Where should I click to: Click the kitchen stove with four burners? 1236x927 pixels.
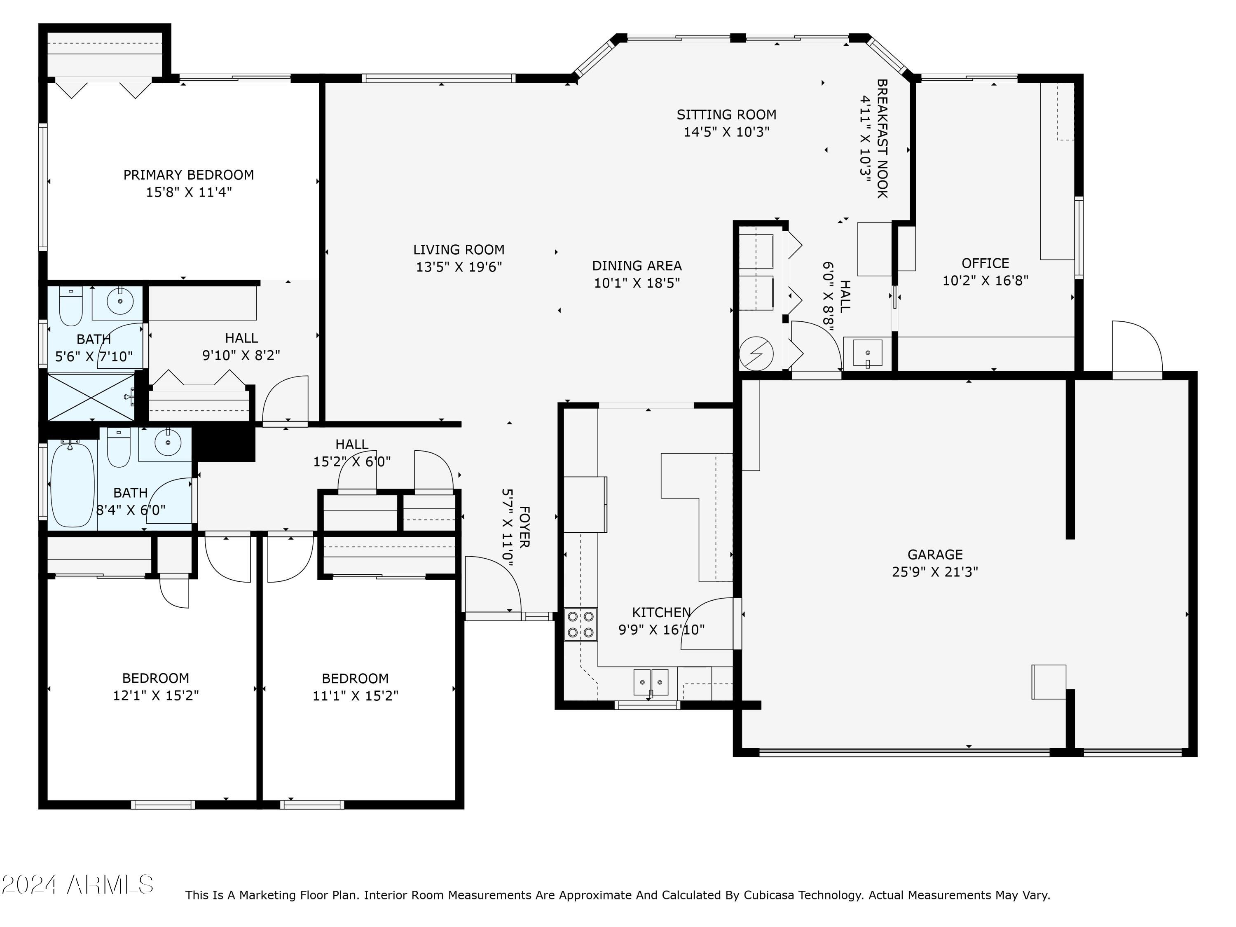coord(581,624)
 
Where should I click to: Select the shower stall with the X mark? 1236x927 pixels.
coord(91,397)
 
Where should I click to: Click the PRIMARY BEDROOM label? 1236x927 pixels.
coord(188,175)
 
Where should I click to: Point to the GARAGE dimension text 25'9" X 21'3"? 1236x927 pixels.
coord(935,571)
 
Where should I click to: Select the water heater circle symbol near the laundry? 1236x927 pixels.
coord(756,353)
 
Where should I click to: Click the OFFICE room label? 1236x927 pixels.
coord(985,263)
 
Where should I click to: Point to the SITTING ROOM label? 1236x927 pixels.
coord(726,115)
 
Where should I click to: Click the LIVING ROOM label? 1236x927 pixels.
coord(459,250)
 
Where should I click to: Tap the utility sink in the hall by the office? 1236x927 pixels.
coord(867,353)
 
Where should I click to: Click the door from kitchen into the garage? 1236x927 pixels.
coord(709,624)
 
